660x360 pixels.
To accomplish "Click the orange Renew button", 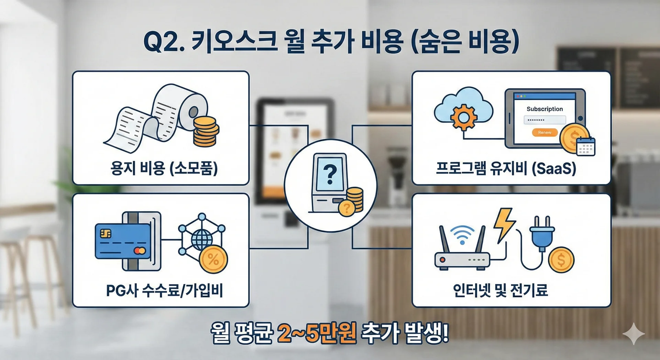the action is click(x=544, y=132).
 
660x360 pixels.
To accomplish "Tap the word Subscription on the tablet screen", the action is click(x=544, y=109).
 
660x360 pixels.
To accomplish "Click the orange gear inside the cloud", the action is click(x=463, y=118).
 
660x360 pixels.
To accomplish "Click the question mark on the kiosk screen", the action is click(x=330, y=174).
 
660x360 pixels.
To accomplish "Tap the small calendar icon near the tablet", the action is click(x=586, y=146).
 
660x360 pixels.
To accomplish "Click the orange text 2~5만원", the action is click(x=316, y=333).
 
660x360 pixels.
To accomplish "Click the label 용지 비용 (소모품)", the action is click(x=164, y=168).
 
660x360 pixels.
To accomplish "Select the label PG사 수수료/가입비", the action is click(x=164, y=291).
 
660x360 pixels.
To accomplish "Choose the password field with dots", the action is click(x=544, y=120).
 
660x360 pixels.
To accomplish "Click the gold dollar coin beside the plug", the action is click(x=561, y=260).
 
